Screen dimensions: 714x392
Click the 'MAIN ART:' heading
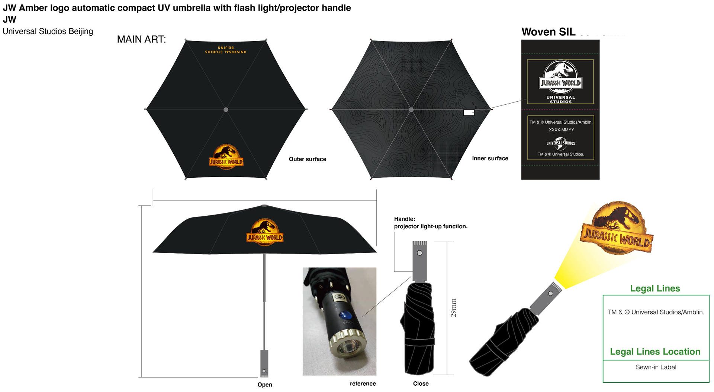point(141,39)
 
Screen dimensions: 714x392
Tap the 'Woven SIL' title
point(548,32)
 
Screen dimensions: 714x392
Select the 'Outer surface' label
point(307,159)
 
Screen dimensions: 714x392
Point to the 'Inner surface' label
point(490,159)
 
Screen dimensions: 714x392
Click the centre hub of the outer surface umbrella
point(226,110)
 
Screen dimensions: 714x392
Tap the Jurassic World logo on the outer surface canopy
point(226,157)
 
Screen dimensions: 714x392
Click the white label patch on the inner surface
point(469,112)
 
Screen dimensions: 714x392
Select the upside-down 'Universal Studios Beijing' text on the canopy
point(226,50)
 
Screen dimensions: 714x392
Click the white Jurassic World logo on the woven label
point(560,76)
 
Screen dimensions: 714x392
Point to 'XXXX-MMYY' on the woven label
point(561,130)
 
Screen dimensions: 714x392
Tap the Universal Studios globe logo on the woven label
point(560,143)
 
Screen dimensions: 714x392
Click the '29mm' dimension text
point(453,308)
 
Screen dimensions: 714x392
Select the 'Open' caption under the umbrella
point(265,385)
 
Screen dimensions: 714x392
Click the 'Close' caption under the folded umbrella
point(421,384)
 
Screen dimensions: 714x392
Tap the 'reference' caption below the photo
point(363,384)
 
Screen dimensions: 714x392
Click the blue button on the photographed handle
point(345,316)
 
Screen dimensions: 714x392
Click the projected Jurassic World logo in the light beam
point(617,228)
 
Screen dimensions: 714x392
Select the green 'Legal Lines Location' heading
point(655,352)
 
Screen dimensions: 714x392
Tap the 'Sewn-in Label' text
point(656,367)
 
